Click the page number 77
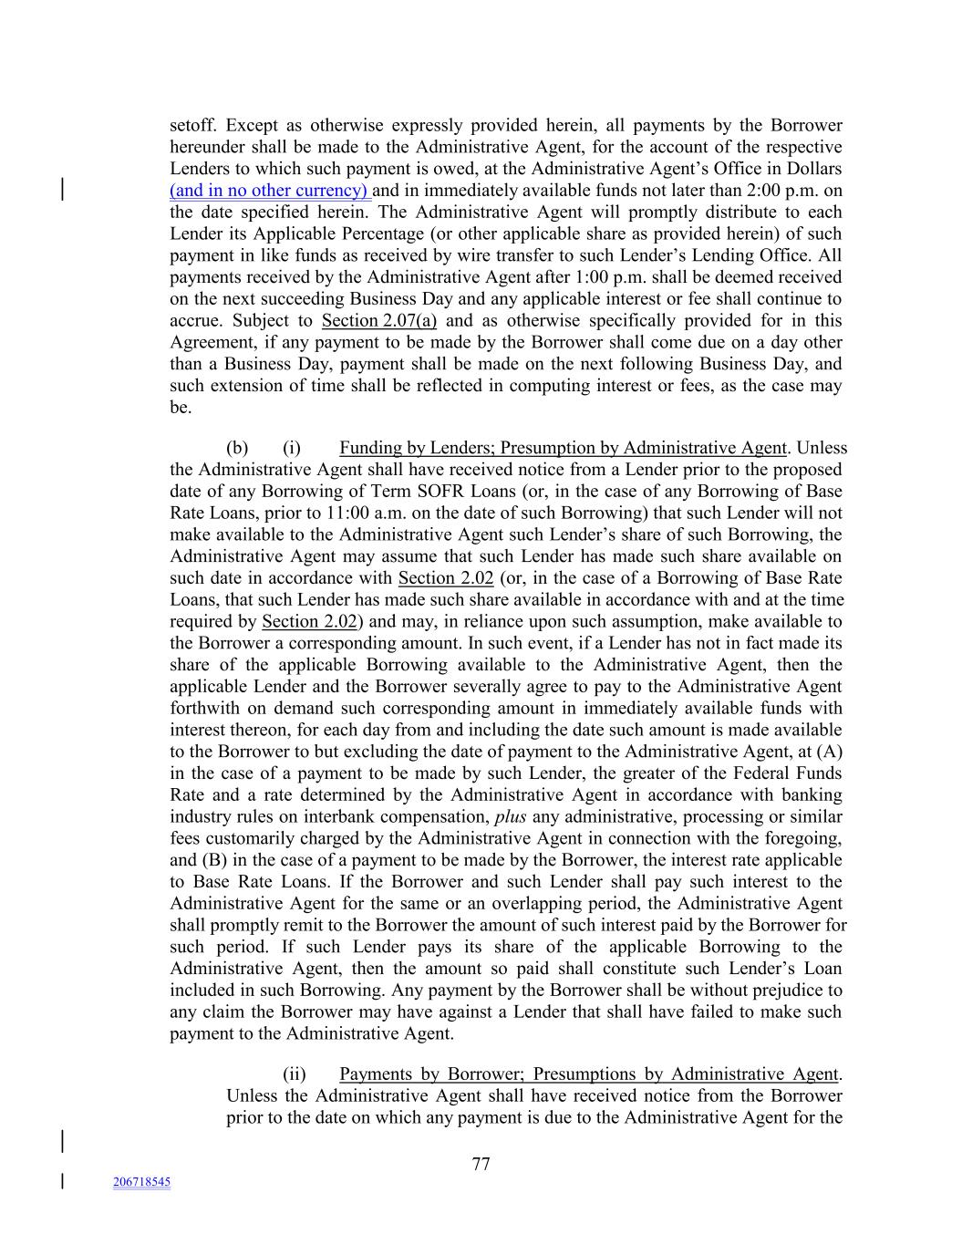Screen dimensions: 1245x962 click(x=481, y=1164)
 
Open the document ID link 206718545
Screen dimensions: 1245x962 click(x=141, y=1182)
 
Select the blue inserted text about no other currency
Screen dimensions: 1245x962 click(x=270, y=191)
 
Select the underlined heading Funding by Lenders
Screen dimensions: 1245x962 click(x=563, y=448)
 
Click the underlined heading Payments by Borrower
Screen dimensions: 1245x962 click(x=588, y=1074)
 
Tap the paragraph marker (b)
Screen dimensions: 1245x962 click(x=237, y=448)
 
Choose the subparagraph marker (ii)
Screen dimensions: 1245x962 click(x=294, y=1074)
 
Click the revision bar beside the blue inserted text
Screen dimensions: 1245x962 click(x=62, y=190)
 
